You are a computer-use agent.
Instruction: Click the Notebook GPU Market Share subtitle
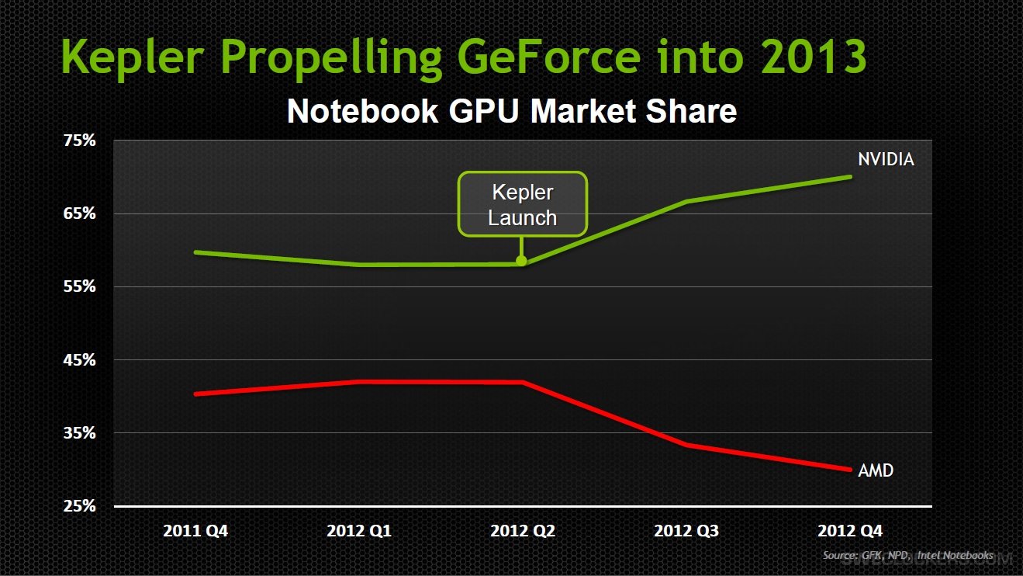click(511, 112)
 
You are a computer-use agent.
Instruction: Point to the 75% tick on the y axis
click(79, 141)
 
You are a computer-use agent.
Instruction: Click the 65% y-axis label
click(79, 213)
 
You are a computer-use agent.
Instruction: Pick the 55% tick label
click(79, 286)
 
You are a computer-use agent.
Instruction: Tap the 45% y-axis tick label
click(79, 360)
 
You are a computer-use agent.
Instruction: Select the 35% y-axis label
click(79, 433)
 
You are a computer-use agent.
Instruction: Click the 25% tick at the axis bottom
click(79, 506)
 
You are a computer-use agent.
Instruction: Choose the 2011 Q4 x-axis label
click(195, 532)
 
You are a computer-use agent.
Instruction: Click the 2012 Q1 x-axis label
click(359, 532)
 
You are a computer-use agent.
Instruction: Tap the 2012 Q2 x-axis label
click(523, 532)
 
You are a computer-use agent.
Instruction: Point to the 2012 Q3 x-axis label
click(686, 532)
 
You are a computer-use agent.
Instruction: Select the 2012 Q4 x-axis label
click(850, 532)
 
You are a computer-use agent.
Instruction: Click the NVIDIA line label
click(886, 159)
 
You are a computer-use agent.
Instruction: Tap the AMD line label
click(876, 470)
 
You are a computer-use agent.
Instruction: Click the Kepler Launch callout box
click(522, 204)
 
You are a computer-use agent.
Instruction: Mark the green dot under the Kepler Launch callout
click(521, 261)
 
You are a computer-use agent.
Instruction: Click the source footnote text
click(907, 556)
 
